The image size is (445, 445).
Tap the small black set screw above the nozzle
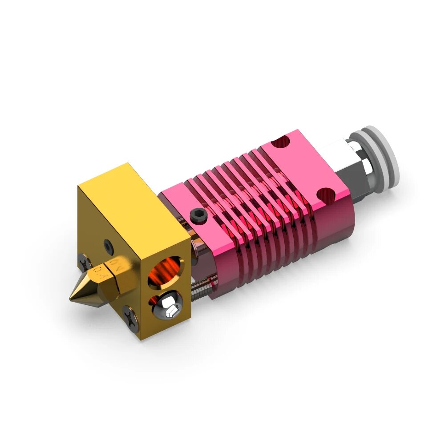[108, 244]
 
